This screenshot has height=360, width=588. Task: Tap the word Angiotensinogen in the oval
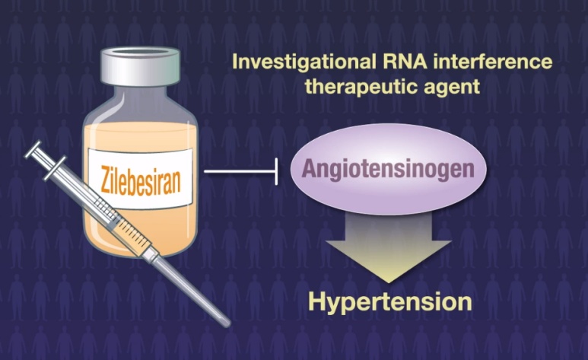pos(388,169)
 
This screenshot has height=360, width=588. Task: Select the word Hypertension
pos(390,301)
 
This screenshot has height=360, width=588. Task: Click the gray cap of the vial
pos(141,66)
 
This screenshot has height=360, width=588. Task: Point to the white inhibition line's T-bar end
pos(276,171)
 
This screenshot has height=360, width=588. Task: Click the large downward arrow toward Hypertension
pos(389,248)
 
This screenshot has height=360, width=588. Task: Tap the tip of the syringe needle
pos(227,323)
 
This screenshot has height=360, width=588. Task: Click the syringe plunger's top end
pos(33,149)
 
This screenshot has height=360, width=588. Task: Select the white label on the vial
pos(141,178)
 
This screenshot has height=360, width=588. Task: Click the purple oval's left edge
pos(291,169)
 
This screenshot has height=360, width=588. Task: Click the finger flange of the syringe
pos(55,167)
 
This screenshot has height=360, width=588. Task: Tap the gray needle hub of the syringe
pos(153,256)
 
